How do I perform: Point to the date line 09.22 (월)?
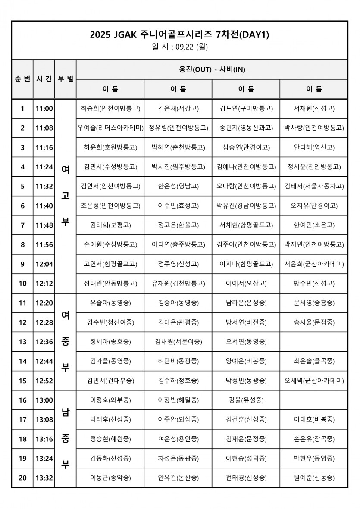[x=180, y=47]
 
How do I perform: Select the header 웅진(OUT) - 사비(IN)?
[x=212, y=69]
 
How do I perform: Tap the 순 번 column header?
[x=22, y=79]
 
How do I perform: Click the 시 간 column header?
[x=44, y=79]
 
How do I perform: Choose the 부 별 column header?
[x=66, y=79]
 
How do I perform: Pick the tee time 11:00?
[x=44, y=109]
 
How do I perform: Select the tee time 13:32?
[x=44, y=478]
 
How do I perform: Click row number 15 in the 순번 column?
[x=22, y=381]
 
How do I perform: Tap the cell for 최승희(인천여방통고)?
[x=110, y=109]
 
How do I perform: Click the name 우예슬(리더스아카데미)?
[x=110, y=128]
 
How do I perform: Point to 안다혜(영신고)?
[x=314, y=147]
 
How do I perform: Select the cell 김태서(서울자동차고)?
[x=314, y=186]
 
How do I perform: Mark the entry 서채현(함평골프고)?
[x=246, y=225]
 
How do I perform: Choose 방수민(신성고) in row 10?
[x=314, y=283]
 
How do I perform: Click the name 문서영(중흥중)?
[x=314, y=303]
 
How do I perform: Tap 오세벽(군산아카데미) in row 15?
[x=314, y=381]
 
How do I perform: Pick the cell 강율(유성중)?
[x=246, y=400]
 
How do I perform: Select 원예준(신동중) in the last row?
[x=314, y=478]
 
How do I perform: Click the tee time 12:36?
[x=44, y=342]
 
